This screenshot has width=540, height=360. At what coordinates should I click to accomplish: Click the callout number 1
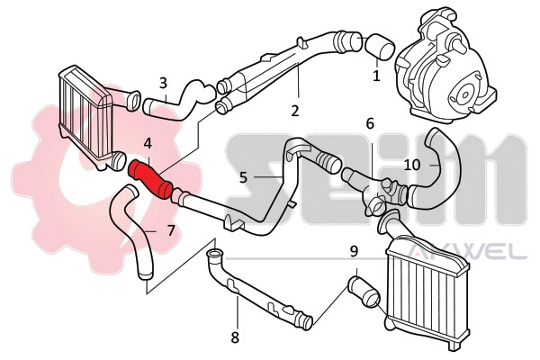pyautogui.click(x=376, y=76)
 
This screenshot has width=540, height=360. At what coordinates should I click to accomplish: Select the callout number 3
pyautogui.click(x=163, y=83)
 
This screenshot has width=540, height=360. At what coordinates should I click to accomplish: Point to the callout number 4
pyautogui.click(x=147, y=142)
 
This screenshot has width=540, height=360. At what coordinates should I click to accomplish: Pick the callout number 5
pyautogui.click(x=243, y=178)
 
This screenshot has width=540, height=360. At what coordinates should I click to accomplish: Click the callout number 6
pyautogui.click(x=369, y=123)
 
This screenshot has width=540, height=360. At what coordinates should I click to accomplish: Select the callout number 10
pyautogui.click(x=411, y=165)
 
